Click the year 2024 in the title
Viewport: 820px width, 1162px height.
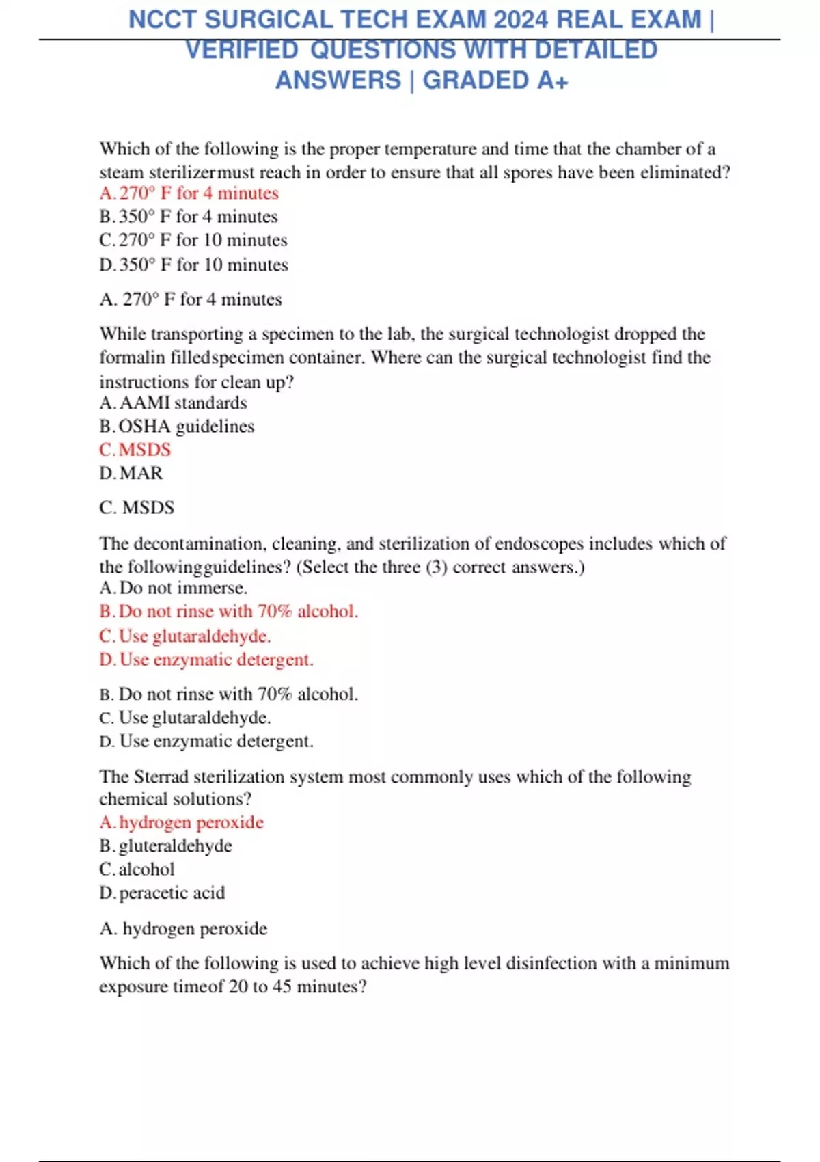521,20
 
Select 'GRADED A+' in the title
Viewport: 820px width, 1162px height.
495,81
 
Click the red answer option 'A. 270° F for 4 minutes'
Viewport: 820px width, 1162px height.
189,193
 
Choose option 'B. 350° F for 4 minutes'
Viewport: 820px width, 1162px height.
189,217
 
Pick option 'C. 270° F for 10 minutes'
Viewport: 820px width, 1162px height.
193,241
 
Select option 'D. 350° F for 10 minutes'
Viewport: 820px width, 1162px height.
194,265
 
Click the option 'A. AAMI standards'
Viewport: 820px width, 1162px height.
173,403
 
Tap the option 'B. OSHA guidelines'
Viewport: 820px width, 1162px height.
177,427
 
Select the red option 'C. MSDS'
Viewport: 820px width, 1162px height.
135,450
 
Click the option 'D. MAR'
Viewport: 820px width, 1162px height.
131,473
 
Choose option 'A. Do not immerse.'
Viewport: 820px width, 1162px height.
174,588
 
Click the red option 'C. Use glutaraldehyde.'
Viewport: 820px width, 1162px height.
185,636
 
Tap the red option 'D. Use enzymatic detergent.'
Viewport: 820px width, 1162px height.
206,660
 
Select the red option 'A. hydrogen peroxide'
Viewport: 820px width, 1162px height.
182,822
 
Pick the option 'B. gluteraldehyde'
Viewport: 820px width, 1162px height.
166,846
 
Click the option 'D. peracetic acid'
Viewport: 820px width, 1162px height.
162,893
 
